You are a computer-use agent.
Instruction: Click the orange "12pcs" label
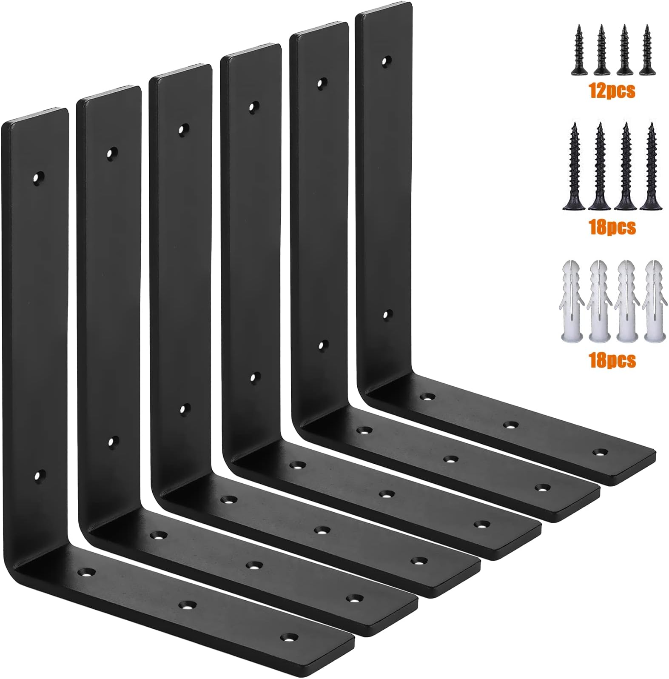click(612, 91)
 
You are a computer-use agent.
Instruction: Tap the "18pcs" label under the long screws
click(612, 227)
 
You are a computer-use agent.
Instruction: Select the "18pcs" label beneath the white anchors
click(612, 360)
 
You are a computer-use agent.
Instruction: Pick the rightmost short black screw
click(647, 50)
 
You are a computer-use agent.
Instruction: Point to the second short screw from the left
click(602, 50)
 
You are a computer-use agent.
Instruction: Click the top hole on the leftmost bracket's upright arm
click(39, 176)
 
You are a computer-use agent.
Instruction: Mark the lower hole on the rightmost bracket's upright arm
click(385, 315)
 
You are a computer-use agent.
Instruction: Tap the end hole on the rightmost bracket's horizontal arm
click(600, 453)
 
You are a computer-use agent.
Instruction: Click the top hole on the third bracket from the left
click(183, 128)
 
